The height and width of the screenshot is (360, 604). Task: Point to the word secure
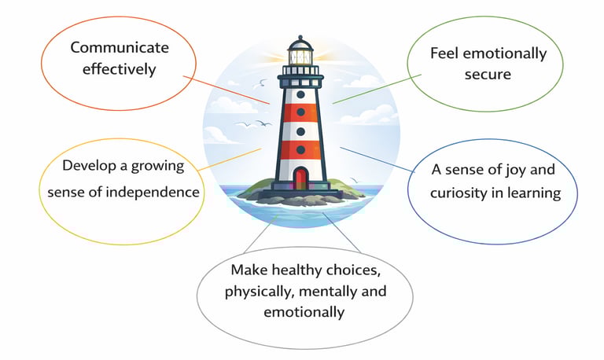pos(488,75)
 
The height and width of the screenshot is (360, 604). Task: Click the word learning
pos(535,193)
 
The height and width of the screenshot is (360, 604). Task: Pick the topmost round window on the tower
pos(300,94)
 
